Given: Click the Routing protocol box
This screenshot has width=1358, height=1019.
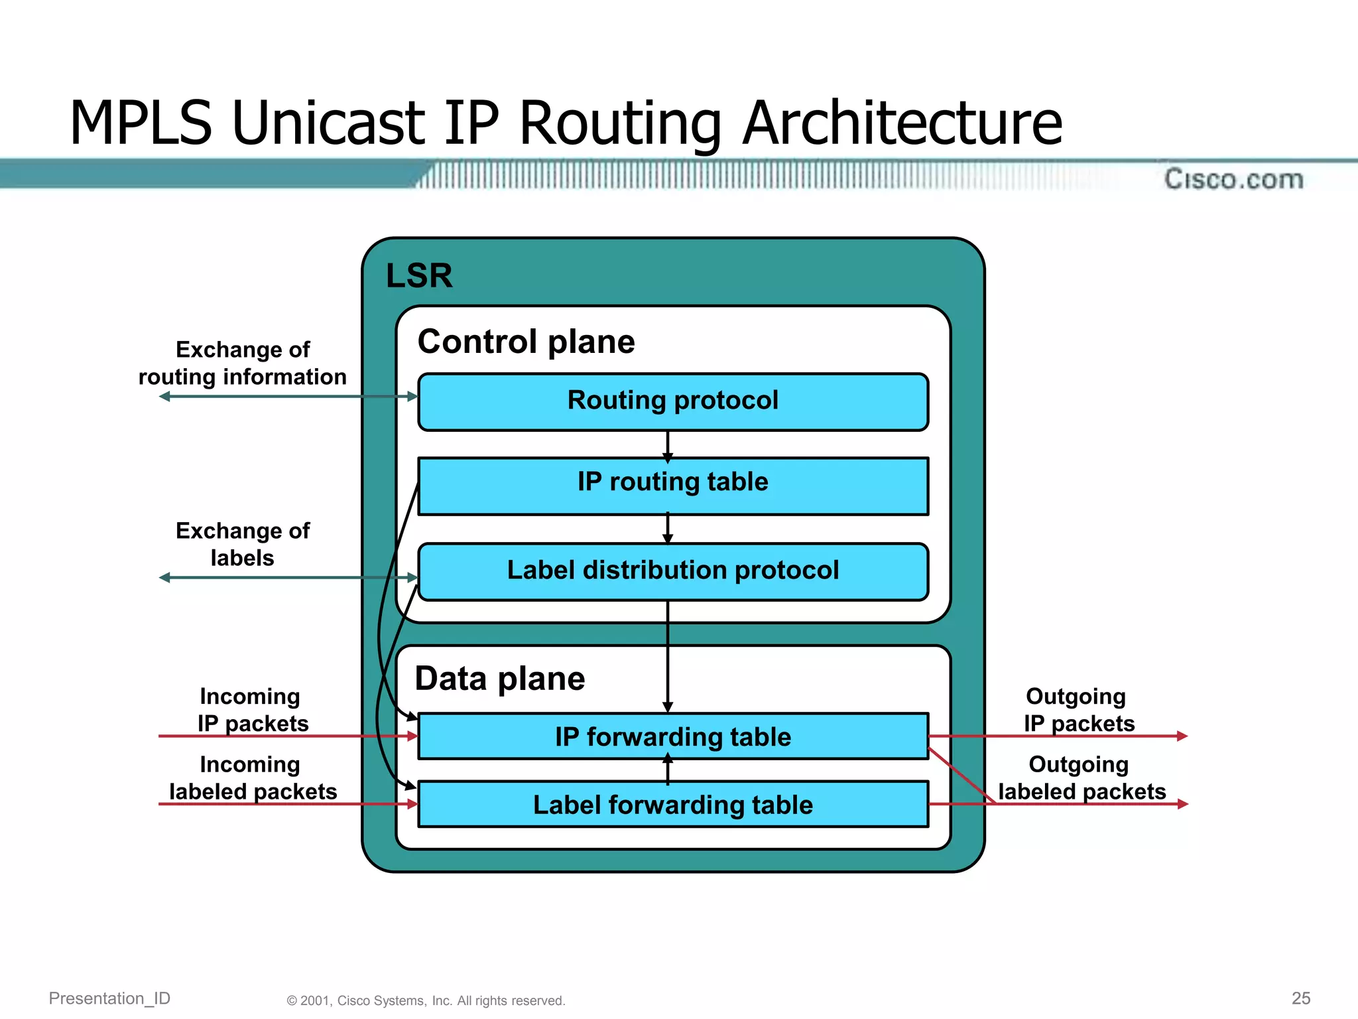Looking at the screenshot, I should pyautogui.click(x=673, y=401).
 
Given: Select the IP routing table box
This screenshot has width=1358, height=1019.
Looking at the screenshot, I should pyautogui.click(x=673, y=485).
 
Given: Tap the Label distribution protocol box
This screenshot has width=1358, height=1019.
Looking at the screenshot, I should pyautogui.click(x=673, y=571).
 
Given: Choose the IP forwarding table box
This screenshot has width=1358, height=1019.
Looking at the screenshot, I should pyautogui.click(x=673, y=736).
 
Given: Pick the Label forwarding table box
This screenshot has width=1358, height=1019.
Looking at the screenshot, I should pyautogui.click(x=673, y=805).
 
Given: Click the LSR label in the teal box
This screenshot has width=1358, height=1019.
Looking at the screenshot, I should pyautogui.click(x=419, y=275).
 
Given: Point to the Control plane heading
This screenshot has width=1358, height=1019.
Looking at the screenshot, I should pyautogui.click(x=526, y=342).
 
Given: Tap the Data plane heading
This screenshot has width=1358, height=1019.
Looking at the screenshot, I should pyautogui.click(x=500, y=679).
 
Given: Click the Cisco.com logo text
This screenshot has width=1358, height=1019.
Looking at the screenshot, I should pyautogui.click(x=1233, y=179).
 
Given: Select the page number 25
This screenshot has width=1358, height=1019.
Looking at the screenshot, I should pyautogui.click(x=1301, y=998).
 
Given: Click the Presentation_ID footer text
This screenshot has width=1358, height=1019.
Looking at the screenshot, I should pyautogui.click(x=109, y=998).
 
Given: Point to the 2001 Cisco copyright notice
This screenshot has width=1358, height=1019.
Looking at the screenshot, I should pyautogui.click(x=426, y=1000).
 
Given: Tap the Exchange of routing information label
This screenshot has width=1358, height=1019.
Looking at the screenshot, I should pyautogui.click(x=243, y=363).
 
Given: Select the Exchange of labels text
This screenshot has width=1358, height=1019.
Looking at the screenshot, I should pyautogui.click(x=243, y=544).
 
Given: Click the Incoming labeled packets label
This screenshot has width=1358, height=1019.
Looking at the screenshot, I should pyautogui.click(x=252, y=778).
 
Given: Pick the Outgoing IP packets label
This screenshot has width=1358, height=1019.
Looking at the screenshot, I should pyautogui.click(x=1078, y=710).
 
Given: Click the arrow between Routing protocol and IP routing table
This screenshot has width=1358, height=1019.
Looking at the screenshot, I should pyautogui.click(x=668, y=445).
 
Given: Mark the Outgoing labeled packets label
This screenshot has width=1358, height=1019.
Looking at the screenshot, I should pyautogui.click(x=1081, y=778).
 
